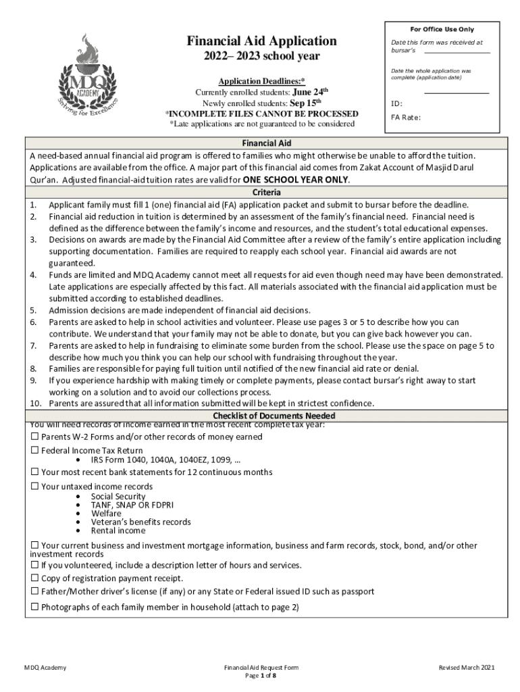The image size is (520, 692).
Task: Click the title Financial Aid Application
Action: point(261,41)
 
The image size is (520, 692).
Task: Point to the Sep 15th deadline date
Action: point(309,103)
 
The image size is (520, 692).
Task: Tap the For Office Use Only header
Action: point(442,30)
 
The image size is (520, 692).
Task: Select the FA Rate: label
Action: point(406,118)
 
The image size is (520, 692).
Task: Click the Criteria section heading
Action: point(267,192)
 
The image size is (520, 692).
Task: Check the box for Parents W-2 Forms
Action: point(35,437)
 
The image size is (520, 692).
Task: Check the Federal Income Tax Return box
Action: point(35,451)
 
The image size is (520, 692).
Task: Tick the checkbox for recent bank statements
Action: point(35,472)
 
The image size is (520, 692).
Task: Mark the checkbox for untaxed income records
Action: point(35,487)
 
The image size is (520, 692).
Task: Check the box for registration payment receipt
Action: point(35,578)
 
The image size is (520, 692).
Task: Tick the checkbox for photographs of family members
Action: point(35,607)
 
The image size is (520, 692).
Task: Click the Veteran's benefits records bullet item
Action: point(140,522)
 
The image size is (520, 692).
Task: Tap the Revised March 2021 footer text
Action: point(467,668)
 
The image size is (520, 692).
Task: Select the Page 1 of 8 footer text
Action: point(260,676)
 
